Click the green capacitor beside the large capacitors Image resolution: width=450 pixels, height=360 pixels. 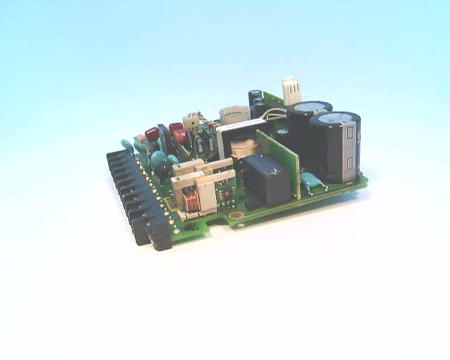(x=309, y=181)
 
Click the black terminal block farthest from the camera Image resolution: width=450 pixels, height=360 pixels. (x=115, y=157)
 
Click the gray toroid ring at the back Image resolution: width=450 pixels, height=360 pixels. (x=235, y=114)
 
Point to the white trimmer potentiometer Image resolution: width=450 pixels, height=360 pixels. (x=192, y=121)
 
